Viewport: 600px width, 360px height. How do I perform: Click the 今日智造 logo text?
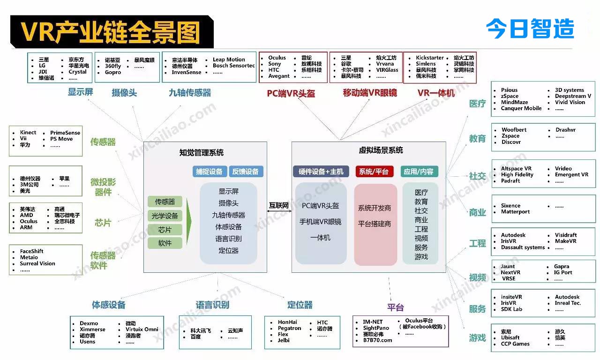pyautogui.click(x=530, y=29)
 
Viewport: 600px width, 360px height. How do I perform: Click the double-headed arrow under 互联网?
pyautogui.click(x=279, y=211)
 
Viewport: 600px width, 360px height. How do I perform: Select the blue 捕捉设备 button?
pyautogui.click(x=210, y=172)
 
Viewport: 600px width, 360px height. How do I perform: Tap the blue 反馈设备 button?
pyautogui.click(x=246, y=172)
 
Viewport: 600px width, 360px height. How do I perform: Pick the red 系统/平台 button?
pyautogui.click(x=373, y=172)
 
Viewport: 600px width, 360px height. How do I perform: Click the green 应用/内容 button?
pyautogui.click(x=419, y=172)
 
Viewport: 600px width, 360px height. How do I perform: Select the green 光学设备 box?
pyautogui.click(x=165, y=216)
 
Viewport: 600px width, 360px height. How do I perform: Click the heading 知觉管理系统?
pyautogui.click(x=202, y=152)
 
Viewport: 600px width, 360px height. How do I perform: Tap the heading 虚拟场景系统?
pyautogui.click(x=381, y=150)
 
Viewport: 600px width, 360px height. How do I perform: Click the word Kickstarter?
pyautogui.click(x=429, y=58)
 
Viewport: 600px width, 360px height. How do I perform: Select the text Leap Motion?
pyautogui.click(x=229, y=60)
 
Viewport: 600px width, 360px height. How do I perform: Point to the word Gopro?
pyautogui.click(x=113, y=72)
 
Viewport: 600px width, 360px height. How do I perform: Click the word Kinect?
pyautogui.click(x=28, y=133)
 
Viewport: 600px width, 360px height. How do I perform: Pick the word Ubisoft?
pyautogui.click(x=510, y=337)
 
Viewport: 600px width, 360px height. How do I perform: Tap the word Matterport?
pyautogui.click(x=515, y=212)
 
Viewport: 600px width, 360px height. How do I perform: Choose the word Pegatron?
pyautogui.click(x=289, y=328)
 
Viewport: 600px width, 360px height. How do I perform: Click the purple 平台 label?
pyautogui.click(x=395, y=307)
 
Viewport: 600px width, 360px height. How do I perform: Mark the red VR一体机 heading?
pyautogui.click(x=436, y=93)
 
